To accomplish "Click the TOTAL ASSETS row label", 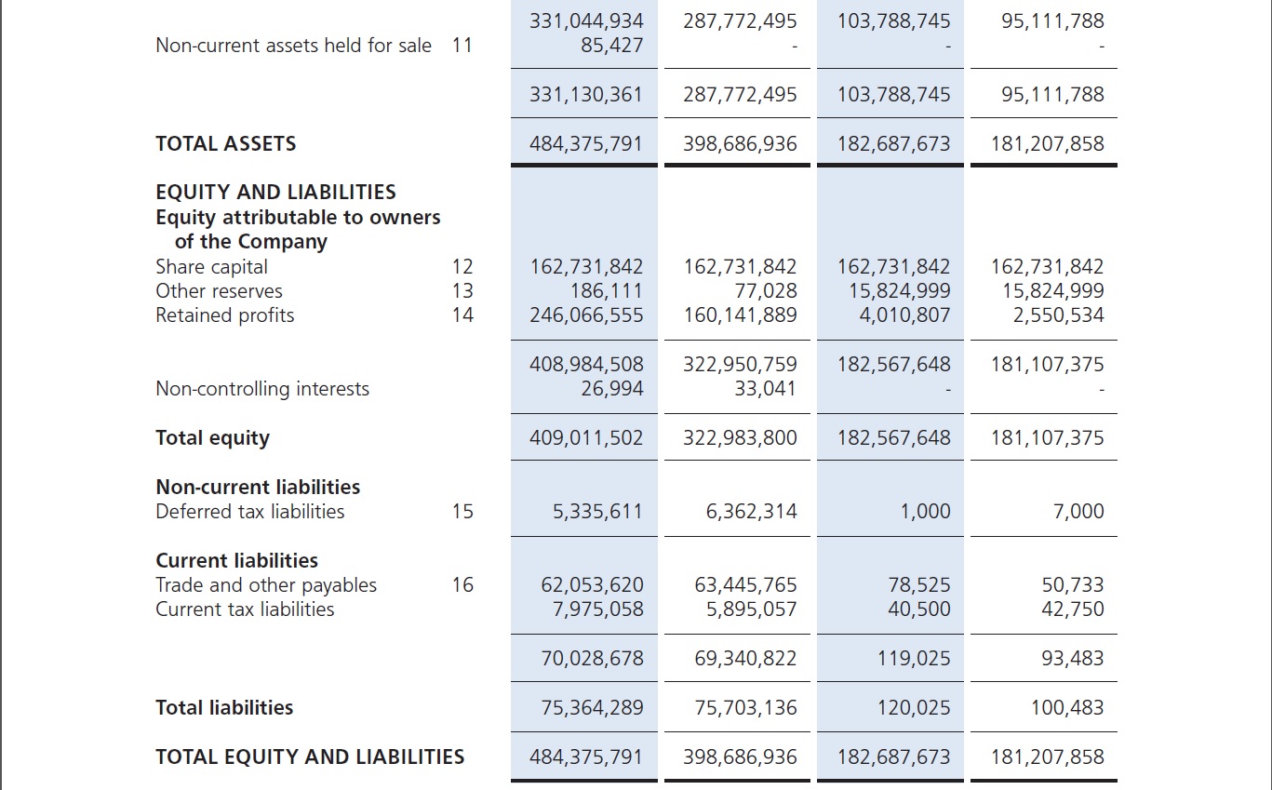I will [x=225, y=144].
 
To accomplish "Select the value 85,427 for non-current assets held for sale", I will [x=611, y=45].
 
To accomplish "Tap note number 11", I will [x=462, y=45].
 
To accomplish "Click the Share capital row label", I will [x=211, y=267].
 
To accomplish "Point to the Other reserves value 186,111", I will [x=606, y=291].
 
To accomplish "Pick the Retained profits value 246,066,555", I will [x=586, y=315].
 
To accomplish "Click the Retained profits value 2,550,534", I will [x=1058, y=315].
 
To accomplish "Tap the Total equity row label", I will [x=212, y=438].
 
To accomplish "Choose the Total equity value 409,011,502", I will [x=586, y=438].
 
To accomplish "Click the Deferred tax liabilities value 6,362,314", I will [x=751, y=512].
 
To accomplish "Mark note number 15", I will [x=462, y=512].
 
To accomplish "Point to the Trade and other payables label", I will [x=266, y=585].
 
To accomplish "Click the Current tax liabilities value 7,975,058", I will [x=592, y=609].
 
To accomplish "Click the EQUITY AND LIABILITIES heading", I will [x=275, y=193].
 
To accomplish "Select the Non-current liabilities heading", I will [x=258, y=488].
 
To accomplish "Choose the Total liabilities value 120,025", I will [x=913, y=708].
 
